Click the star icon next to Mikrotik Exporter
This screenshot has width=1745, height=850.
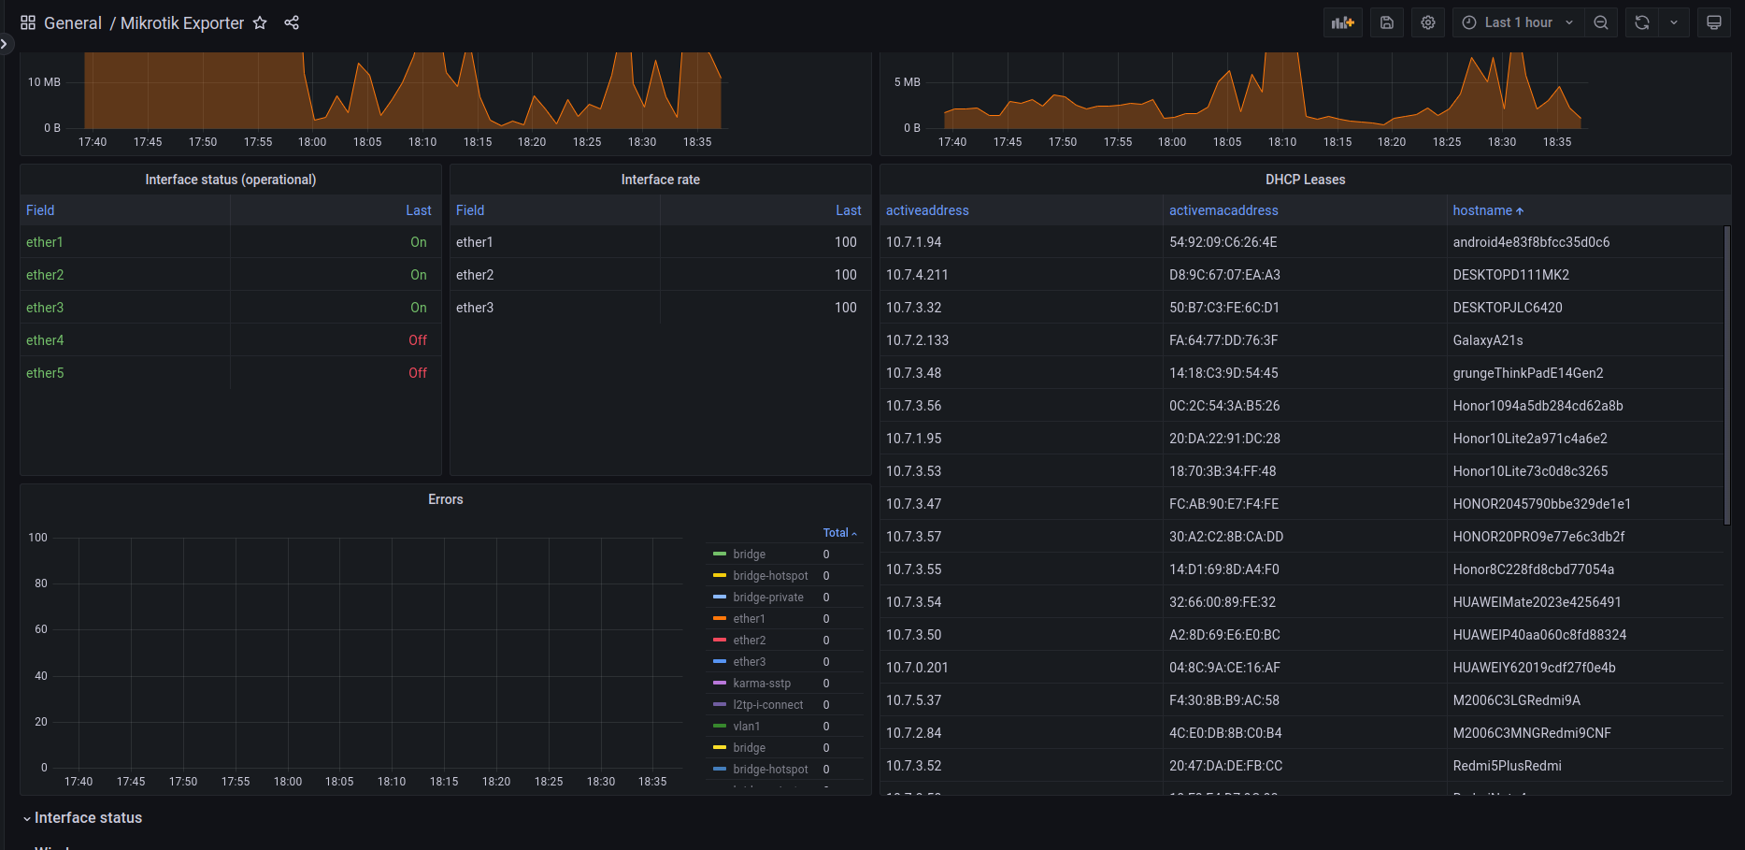coord(260,22)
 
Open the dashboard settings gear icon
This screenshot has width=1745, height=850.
coord(1428,22)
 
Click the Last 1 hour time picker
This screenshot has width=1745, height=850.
coord(1518,22)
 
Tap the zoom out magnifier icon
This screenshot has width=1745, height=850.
coord(1601,22)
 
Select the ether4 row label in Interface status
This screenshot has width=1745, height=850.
coord(45,340)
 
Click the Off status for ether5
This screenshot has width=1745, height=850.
coord(418,373)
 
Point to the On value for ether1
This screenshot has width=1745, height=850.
coord(419,242)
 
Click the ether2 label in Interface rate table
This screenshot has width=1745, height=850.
coord(475,275)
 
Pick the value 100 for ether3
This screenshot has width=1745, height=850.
coord(846,308)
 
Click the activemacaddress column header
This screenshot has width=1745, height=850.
coord(1223,210)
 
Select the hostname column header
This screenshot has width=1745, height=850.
coord(1482,210)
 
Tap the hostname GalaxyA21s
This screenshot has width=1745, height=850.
coord(1488,340)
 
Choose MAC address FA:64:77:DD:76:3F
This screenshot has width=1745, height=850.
coord(1223,340)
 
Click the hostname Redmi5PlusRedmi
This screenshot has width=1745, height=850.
coord(1507,766)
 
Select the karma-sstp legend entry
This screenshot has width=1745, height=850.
coord(762,684)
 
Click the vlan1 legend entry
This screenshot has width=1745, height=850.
coord(747,727)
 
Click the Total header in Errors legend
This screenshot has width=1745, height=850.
coord(836,533)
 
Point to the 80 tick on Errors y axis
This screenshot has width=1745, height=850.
coord(41,583)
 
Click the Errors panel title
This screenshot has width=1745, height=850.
coord(446,499)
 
